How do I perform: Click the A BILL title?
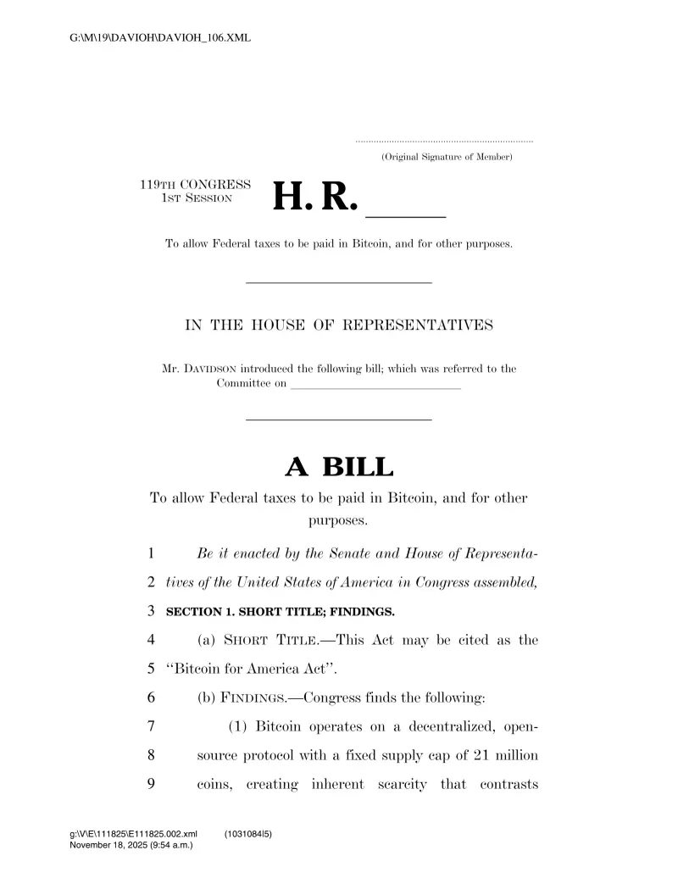tap(339, 466)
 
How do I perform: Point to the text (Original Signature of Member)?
tap(446, 158)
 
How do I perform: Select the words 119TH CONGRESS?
tap(195, 184)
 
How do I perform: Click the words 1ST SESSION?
tap(197, 197)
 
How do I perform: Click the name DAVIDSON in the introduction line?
tap(208, 369)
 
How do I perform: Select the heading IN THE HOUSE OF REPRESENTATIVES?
tap(339, 325)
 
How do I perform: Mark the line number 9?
tap(151, 784)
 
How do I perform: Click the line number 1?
tap(151, 553)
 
